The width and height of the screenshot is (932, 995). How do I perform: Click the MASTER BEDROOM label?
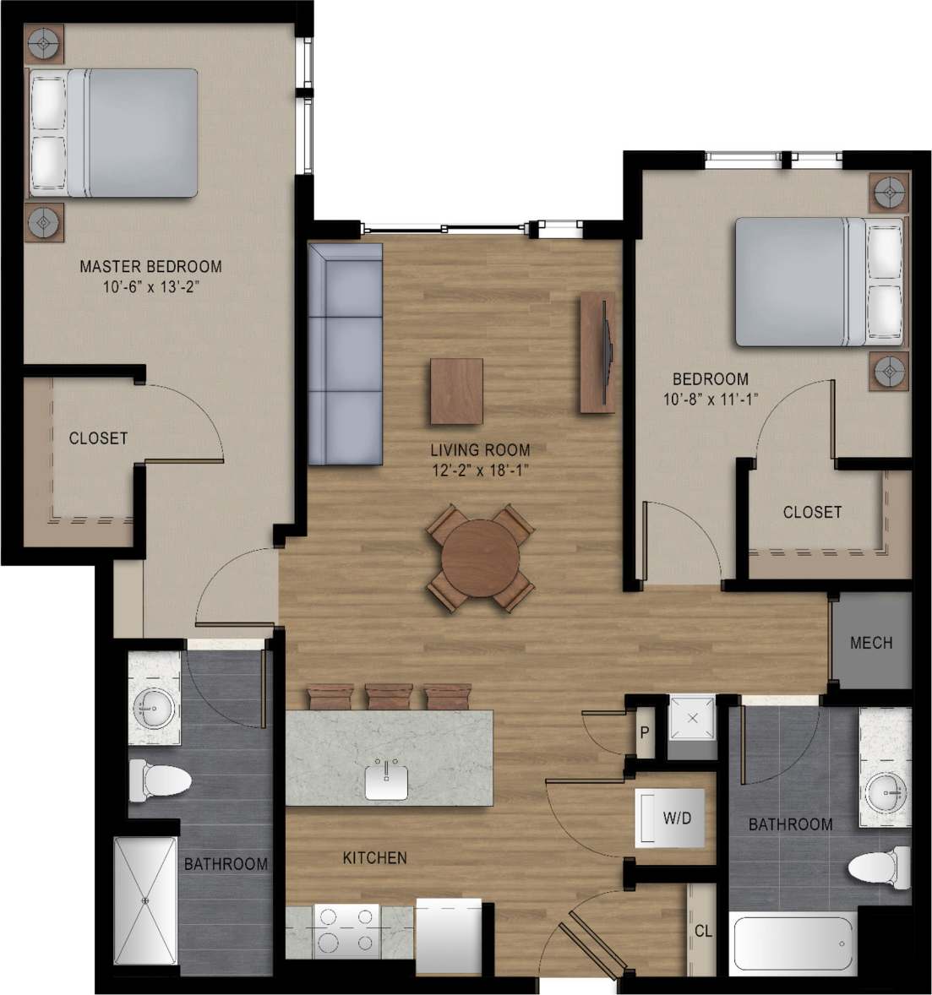tap(150, 267)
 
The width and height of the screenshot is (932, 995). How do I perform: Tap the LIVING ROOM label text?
tap(481, 450)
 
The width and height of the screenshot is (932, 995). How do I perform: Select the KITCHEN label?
tap(374, 858)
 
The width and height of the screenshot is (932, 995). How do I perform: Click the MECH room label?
tap(870, 643)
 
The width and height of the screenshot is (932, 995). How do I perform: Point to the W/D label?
tap(677, 818)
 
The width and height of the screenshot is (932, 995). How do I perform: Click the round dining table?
tap(481, 558)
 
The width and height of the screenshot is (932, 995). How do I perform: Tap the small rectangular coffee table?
tap(457, 391)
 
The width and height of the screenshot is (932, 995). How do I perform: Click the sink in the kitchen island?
tap(388, 781)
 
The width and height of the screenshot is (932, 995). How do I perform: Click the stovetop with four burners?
tap(346, 931)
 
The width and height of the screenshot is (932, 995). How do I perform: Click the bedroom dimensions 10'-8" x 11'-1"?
tap(710, 400)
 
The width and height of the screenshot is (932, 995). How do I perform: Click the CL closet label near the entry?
tap(703, 932)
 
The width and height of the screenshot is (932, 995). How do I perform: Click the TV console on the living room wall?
tap(598, 352)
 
